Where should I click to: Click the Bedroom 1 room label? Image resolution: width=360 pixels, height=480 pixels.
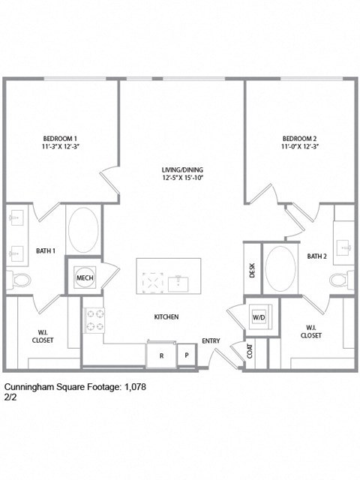(x=60, y=139)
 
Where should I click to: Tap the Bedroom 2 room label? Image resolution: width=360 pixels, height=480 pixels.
(x=300, y=139)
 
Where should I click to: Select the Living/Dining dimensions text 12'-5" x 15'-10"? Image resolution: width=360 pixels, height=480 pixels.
(x=182, y=178)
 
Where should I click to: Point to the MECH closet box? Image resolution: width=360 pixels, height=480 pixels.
(x=83, y=277)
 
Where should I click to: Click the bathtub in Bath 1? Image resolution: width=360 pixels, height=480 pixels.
(x=83, y=229)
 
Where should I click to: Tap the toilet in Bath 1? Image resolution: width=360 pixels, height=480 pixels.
(x=21, y=280)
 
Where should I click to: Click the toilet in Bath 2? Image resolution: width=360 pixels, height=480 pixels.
(x=340, y=280)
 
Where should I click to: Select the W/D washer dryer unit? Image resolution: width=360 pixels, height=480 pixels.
(x=259, y=317)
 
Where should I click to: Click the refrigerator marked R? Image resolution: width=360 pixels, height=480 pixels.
(x=160, y=355)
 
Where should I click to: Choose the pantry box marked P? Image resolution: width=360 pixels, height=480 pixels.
(x=187, y=355)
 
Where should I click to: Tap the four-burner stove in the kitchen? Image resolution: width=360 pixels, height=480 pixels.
(x=94, y=320)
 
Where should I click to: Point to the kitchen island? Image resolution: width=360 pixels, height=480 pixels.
(x=169, y=277)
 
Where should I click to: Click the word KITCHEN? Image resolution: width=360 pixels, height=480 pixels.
(x=166, y=317)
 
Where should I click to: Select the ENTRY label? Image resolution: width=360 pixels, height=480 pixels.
(x=211, y=341)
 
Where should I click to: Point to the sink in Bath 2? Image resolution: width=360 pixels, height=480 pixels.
(x=344, y=245)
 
